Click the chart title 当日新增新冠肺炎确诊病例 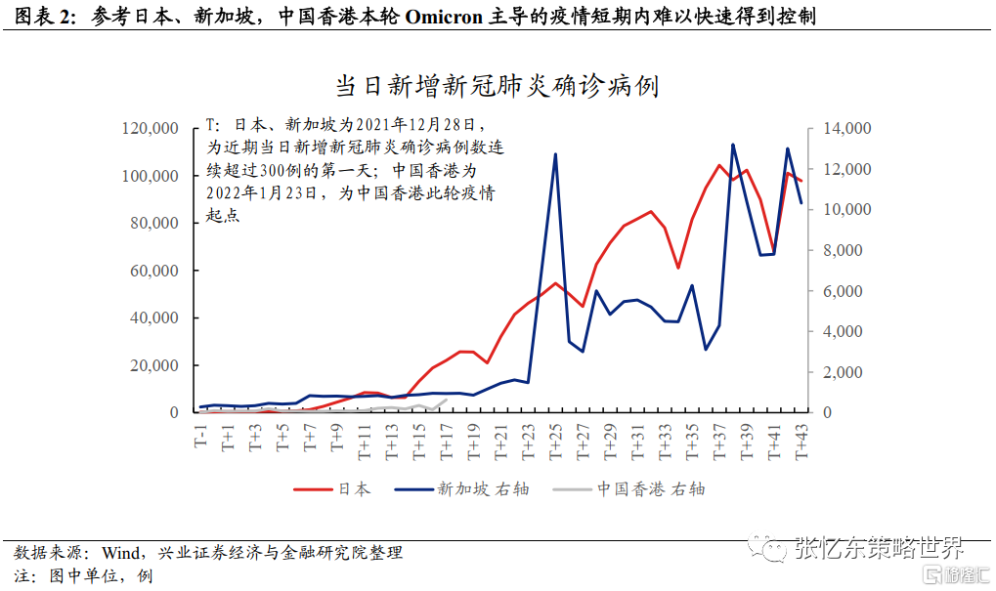click(x=498, y=86)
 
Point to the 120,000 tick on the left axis click(x=149, y=128)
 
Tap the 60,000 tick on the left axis click(x=152, y=271)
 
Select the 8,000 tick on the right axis click(x=842, y=250)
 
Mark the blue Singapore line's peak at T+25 click(x=555, y=154)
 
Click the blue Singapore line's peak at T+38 click(x=733, y=145)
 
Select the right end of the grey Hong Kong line click(x=447, y=400)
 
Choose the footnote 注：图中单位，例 click(x=83, y=575)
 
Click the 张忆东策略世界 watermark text click(x=880, y=547)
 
